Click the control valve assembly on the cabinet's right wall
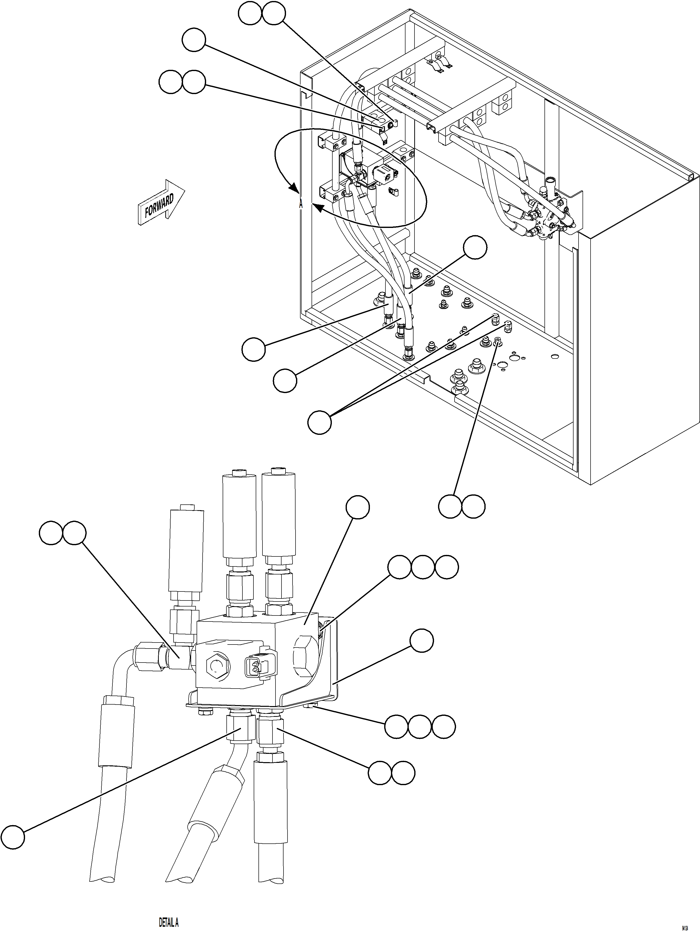point(548,217)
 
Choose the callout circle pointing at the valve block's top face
point(358,507)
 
